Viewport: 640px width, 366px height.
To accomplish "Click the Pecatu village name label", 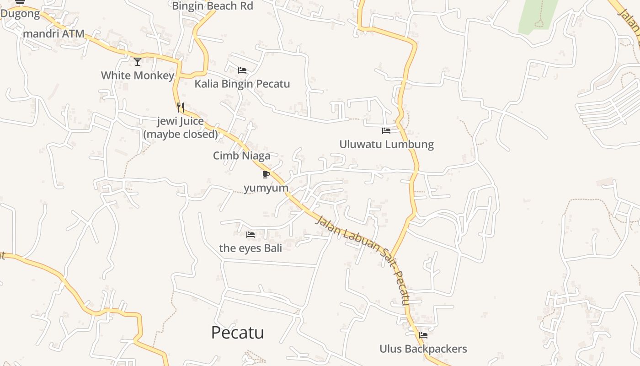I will click(237, 333).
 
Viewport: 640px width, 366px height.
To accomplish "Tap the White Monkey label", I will click(138, 75).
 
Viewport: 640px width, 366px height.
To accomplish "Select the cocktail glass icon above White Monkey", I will click(138, 61).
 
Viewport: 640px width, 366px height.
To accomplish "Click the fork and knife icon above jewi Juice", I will click(181, 108).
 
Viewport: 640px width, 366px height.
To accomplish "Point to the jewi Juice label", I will click(181, 128).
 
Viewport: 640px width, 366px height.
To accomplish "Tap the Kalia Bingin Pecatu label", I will click(242, 84).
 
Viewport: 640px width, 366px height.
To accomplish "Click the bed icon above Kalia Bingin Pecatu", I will click(242, 70).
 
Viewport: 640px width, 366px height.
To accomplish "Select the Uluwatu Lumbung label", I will click(386, 145).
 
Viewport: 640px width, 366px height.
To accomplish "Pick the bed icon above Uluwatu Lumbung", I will click(386, 131).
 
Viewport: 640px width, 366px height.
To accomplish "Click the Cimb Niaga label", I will click(241, 156).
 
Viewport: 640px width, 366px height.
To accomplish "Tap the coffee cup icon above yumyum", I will click(266, 174).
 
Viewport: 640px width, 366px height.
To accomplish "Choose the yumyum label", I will click(266, 188).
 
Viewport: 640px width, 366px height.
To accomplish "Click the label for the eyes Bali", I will click(251, 248).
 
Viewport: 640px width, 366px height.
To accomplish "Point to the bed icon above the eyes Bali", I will click(251, 235).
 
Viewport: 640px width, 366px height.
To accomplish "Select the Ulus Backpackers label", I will click(423, 349).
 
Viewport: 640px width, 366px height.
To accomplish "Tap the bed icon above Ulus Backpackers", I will click(423, 335).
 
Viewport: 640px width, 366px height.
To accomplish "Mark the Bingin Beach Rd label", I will click(213, 6).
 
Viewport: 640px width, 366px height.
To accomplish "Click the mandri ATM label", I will click(53, 33).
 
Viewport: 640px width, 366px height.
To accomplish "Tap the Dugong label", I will click(20, 14).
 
